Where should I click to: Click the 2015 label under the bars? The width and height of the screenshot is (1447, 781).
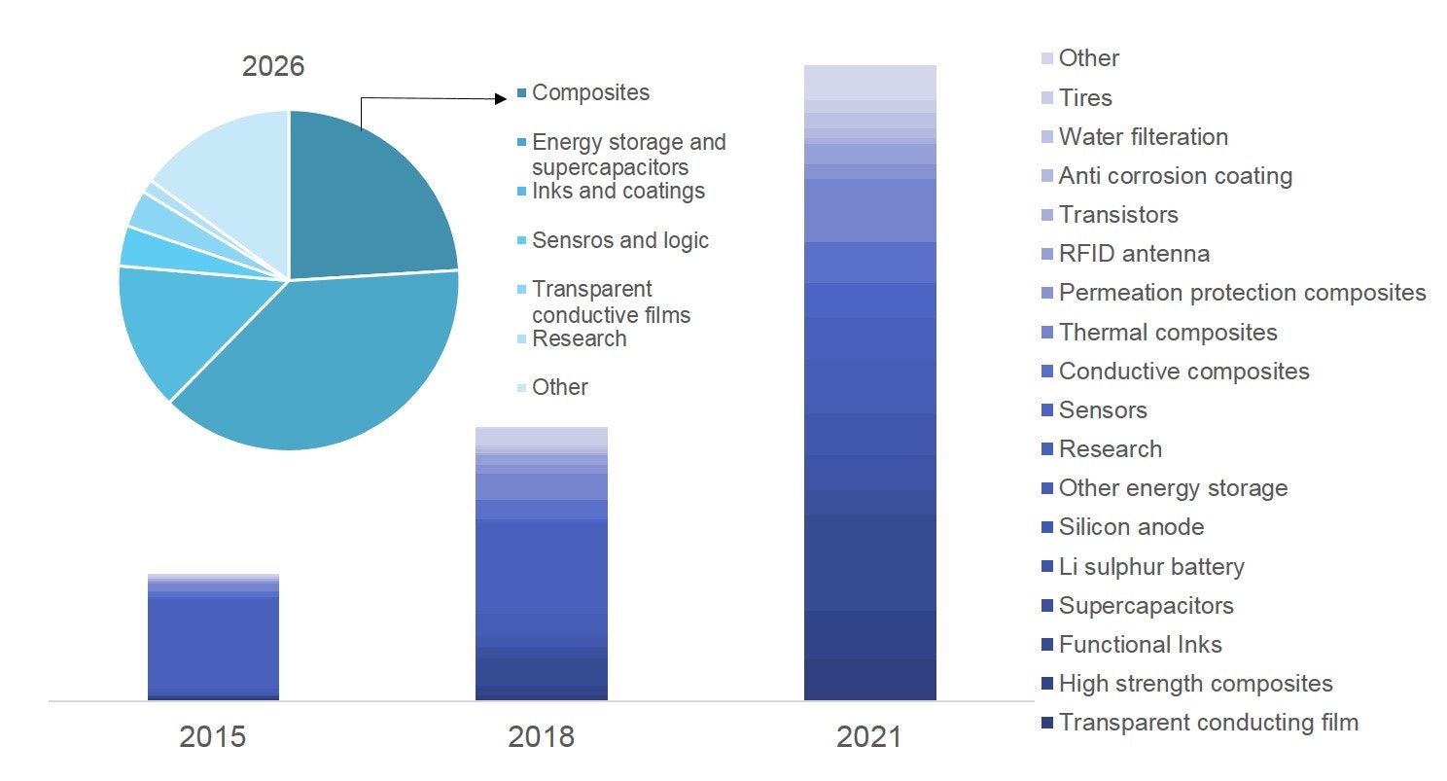[x=212, y=736]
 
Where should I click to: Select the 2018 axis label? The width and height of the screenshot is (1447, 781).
[x=541, y=736]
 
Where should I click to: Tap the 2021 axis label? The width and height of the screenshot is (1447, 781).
[x=869, y=736]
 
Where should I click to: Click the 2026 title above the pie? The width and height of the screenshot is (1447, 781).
[x=273, y=66]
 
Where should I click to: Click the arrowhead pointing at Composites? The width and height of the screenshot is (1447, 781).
[x=500, y=97]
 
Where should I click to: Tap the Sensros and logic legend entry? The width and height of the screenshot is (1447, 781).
[x=620, y=240]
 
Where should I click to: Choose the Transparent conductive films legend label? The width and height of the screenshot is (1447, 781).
[x=611, y=302]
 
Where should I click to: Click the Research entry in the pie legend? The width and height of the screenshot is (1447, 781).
[x=579, y=338]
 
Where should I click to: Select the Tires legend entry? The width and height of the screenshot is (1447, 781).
[x=1084, y=97]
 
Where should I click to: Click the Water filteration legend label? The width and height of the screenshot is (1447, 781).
[x=1143, y=136]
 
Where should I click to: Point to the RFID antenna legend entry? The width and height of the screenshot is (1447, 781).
[x=1134, y=254]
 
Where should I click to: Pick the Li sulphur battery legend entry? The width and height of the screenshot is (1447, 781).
[x=1150, y=566]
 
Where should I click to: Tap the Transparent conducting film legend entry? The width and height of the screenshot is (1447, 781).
[x=1208, y=722]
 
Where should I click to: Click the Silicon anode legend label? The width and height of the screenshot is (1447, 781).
[x=1131, y=527]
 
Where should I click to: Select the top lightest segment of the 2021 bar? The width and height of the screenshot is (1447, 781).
[x=869, y=82]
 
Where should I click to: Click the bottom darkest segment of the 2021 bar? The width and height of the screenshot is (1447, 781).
[x=869, y=680]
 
